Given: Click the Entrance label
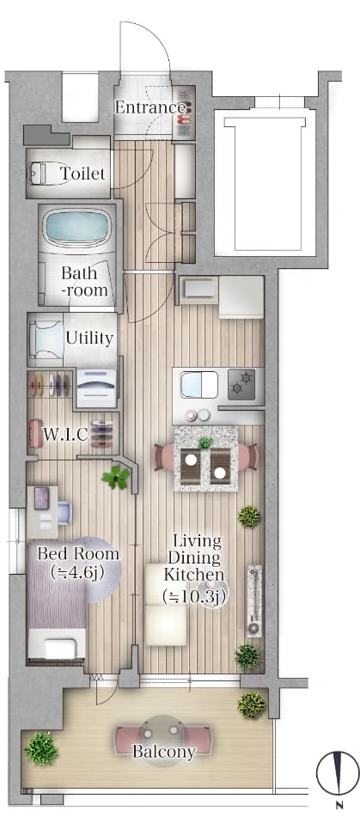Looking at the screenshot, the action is tap(150, 107).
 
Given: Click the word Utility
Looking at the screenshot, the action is tap(89, 338).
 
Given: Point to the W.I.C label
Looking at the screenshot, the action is tap(65, 435).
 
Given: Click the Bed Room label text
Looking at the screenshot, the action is tap(78, 554).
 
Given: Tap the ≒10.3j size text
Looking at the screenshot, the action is tap(193, 596).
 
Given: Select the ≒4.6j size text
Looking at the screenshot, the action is tap(77, 571).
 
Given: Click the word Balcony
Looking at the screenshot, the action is tap(163, 752).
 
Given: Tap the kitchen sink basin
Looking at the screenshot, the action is tap(198, 384).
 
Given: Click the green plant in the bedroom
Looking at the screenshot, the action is tap(116, 477).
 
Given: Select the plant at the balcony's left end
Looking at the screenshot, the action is tap(41, 748).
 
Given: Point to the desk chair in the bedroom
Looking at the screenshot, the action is tap(64, 513).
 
